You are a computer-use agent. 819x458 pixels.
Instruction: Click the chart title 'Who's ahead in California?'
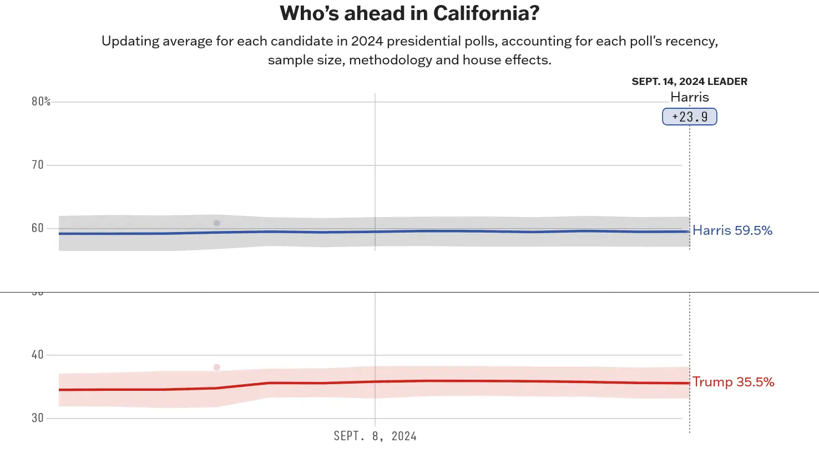coord(410,13)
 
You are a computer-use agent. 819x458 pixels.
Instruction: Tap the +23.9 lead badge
coord(690,117)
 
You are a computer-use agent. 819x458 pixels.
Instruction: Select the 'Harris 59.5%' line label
coord(732,230)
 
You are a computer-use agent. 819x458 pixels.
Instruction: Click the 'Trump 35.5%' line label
coord(733,382)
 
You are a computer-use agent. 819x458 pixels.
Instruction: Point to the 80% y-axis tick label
coord(41,101)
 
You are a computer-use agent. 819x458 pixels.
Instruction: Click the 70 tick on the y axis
coord(37,165)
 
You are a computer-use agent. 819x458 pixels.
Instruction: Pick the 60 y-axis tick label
coord(37,228)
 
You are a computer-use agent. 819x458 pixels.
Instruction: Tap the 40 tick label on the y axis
coord(37,355)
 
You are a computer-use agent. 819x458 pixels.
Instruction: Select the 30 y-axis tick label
coord(37,418)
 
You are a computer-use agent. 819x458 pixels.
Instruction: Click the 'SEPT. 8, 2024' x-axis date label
coord(375,436)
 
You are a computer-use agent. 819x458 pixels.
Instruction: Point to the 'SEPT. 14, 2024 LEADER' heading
coord(689,82)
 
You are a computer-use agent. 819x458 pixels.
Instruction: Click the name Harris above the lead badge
coord(690,97)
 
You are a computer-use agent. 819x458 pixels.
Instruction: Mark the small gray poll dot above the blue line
coord(216,223)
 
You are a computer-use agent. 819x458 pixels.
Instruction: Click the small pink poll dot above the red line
coord(216,368)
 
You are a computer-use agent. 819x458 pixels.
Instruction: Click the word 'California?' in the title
coord(486,13)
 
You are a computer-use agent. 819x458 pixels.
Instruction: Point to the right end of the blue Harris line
coord(689,231)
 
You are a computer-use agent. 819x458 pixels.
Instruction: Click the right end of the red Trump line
coord(689,383)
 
